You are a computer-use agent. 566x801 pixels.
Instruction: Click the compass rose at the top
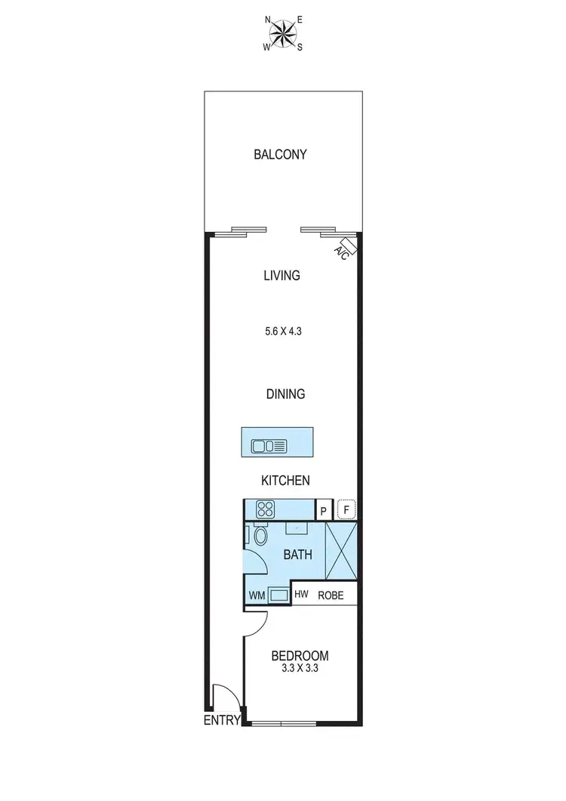click(x=283, y=32)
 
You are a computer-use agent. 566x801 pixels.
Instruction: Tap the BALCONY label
click(x=280, y=155)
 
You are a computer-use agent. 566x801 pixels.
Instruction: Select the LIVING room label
click(x=281, y=276)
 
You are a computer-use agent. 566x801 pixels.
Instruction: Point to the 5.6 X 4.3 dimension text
click(x=281, y=330)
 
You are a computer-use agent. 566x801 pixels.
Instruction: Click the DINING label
click(x=285, y=394)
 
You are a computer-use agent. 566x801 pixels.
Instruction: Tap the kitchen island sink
click(x=269, y=446)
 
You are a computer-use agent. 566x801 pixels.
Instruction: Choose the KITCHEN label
click(x=285, y=481)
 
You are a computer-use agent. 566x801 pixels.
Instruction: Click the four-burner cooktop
click(x=266, y=509)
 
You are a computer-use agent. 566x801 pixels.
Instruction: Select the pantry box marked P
click(x=323, y=511)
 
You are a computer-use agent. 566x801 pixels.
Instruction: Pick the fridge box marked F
click(x=346, y=510)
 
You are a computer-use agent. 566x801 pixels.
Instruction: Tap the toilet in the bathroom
click(x=260, y=537)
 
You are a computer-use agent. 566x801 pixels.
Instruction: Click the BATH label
click(x=297, y=555)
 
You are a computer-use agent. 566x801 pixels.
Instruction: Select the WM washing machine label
click(x=257, y=595)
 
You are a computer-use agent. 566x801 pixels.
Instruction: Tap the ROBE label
click(x=331, y=595)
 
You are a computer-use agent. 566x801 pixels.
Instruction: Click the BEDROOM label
click(x=300, y=655)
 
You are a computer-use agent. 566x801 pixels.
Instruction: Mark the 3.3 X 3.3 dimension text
click(x=300, y=668)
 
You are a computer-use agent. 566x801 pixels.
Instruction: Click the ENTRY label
click(x=222, y=721)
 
